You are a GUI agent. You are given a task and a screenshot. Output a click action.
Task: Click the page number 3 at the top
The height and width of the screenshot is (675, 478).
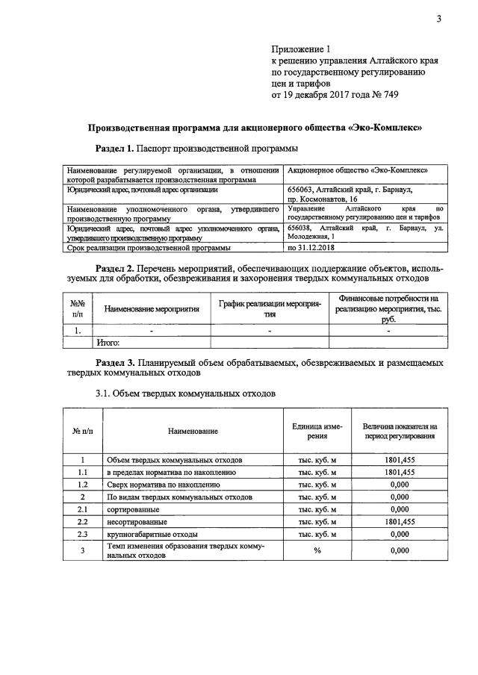439,19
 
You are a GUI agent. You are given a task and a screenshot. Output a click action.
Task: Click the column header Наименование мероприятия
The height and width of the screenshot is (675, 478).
152,308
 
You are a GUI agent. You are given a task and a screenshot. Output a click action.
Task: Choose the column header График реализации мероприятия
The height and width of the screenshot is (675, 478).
270,308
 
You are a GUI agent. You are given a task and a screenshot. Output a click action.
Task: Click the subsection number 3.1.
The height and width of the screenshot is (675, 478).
105,393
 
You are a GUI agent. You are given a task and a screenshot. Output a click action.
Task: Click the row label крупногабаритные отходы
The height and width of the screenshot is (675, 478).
152,534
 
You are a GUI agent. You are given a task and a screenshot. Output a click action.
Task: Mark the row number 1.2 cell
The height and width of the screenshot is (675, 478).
83,485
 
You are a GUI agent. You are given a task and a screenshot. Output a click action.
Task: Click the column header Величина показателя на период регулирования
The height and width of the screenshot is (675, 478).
400,431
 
